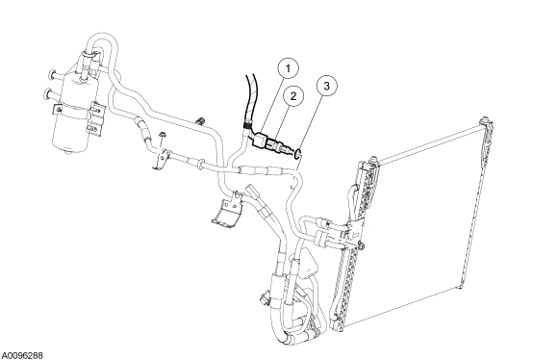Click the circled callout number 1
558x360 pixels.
click(288, 67)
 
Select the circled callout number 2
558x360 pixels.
click(292, 96)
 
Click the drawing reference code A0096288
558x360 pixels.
click(22, 356)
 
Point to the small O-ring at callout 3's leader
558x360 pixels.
click(298, 154)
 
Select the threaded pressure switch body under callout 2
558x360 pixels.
click(282, 147)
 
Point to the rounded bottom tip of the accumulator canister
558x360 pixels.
click(67, 152)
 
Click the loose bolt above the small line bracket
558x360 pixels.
click(163, 136)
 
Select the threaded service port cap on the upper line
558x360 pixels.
click(200, 120)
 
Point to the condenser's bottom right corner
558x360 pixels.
click(460, 286)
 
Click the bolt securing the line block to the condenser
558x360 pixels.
click(361, 244)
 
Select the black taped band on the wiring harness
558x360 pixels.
click(246, 124)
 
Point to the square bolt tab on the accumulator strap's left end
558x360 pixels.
click(58, 109)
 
